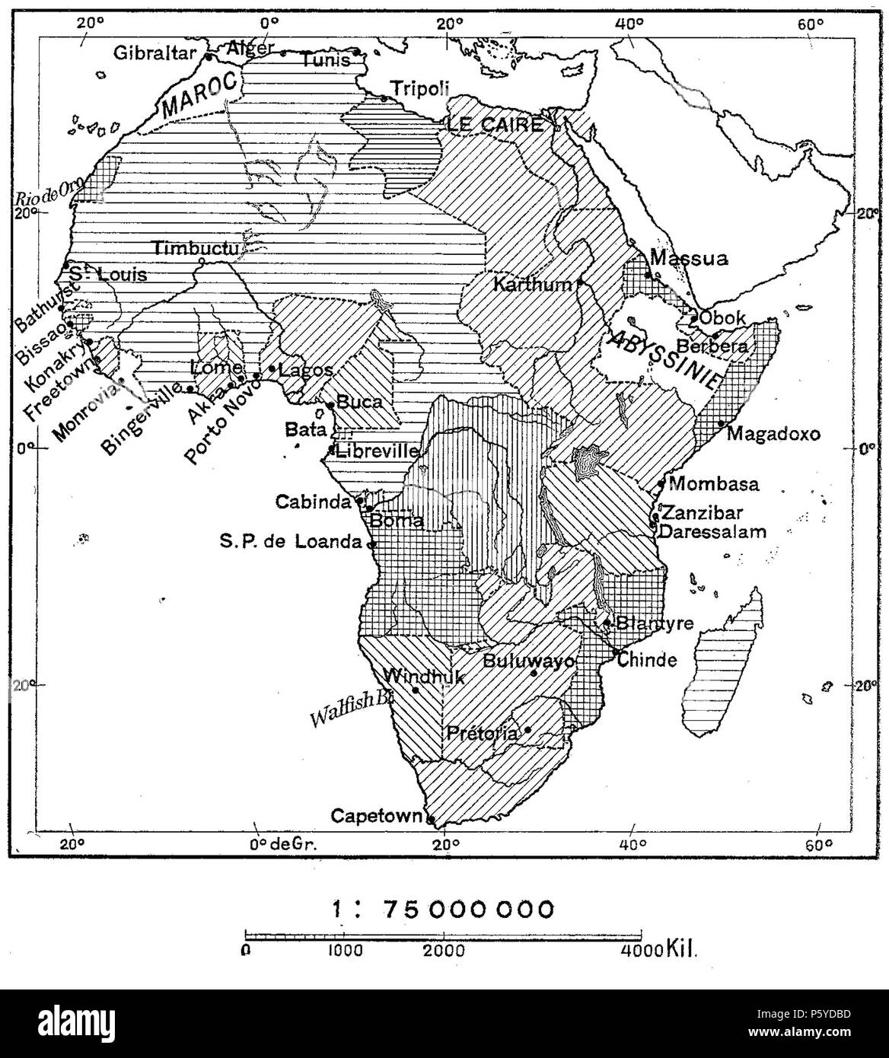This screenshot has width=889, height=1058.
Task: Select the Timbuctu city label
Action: click(x=196, y=248)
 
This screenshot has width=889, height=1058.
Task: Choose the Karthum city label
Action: click(x=532, y=285)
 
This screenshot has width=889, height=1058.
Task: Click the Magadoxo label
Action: click(x=773, y=434)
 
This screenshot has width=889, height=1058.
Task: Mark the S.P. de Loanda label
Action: click(x=291, y=542)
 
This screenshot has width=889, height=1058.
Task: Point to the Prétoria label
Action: click(x=482, y=733)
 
